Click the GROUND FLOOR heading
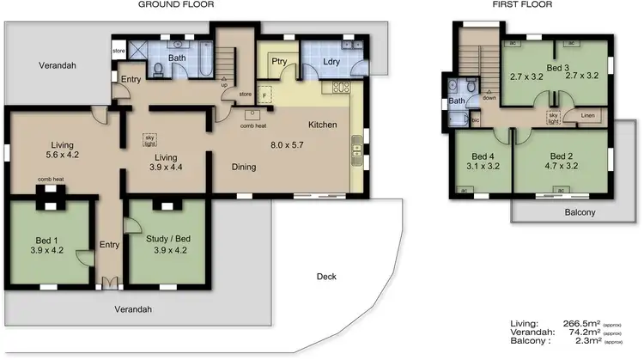(176, 5)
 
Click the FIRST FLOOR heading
(522, 5)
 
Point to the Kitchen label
(322, 125)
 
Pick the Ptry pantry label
(279, 61)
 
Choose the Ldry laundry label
(335, 61)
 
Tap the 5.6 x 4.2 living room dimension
(61, 156)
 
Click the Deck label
(325, 277)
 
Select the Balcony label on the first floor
(580, 212)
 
